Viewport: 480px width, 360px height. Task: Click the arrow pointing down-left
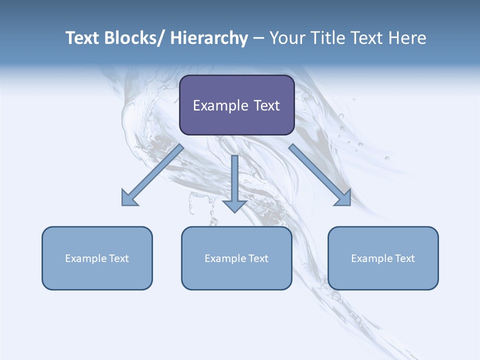point(152,175)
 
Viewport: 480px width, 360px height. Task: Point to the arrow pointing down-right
point(320,175)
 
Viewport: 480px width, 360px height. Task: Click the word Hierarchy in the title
point(209,38)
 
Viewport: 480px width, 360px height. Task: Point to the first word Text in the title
point(82,38)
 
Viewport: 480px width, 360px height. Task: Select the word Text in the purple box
point(266,105)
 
